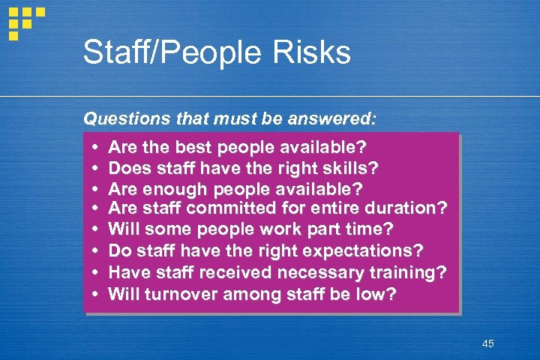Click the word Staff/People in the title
coord(165,53)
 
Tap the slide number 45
coord(488,343)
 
